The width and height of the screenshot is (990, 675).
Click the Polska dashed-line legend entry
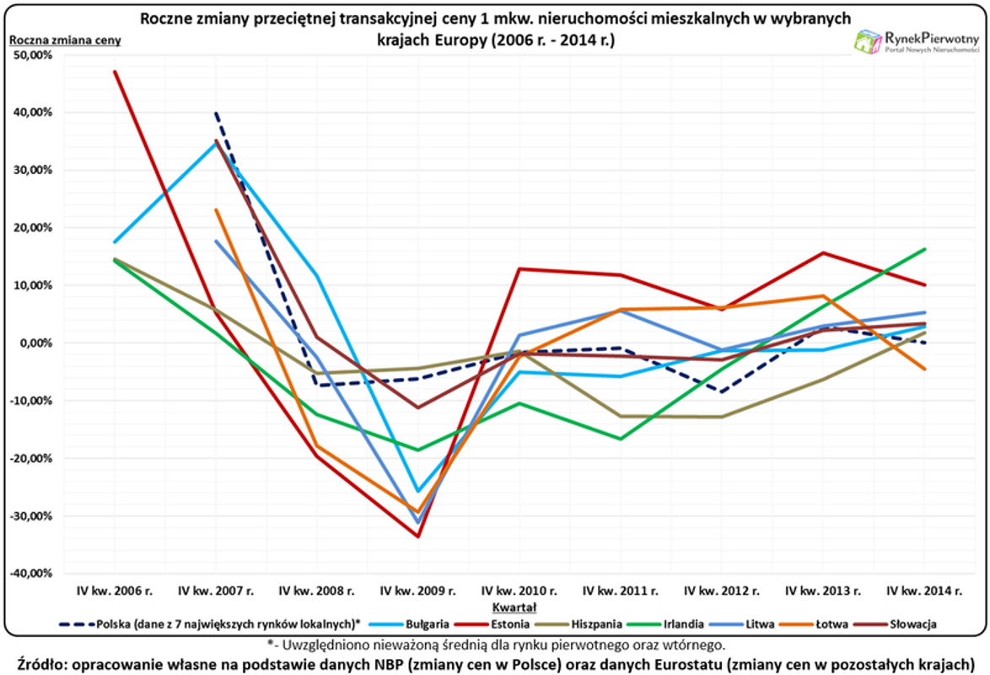point(210,624)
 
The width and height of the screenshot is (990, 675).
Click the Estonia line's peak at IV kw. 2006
point(115,72)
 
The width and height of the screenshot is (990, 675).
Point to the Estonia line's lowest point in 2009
point(418,537)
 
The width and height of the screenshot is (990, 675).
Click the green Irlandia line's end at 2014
point(925,249)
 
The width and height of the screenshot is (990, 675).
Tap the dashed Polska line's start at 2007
point(216,113)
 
